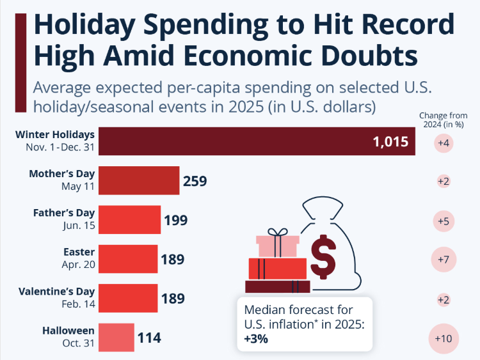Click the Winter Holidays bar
click(x=256, y=141)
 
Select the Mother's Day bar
click(x=139, y=181)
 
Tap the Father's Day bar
click(x=129, y=220)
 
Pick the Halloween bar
click(x=116, y=337)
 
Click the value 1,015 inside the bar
click(x=390, y=141)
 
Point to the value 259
click(x=195, y=181)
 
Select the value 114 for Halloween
click(x=149, y=337)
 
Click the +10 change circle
click(x=444, y=337)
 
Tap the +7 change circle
click(x=444, y=259)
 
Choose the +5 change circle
click(x=444, y=221)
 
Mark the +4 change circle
click(x=444, y=143)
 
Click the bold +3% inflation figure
click(x=256, y=340)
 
